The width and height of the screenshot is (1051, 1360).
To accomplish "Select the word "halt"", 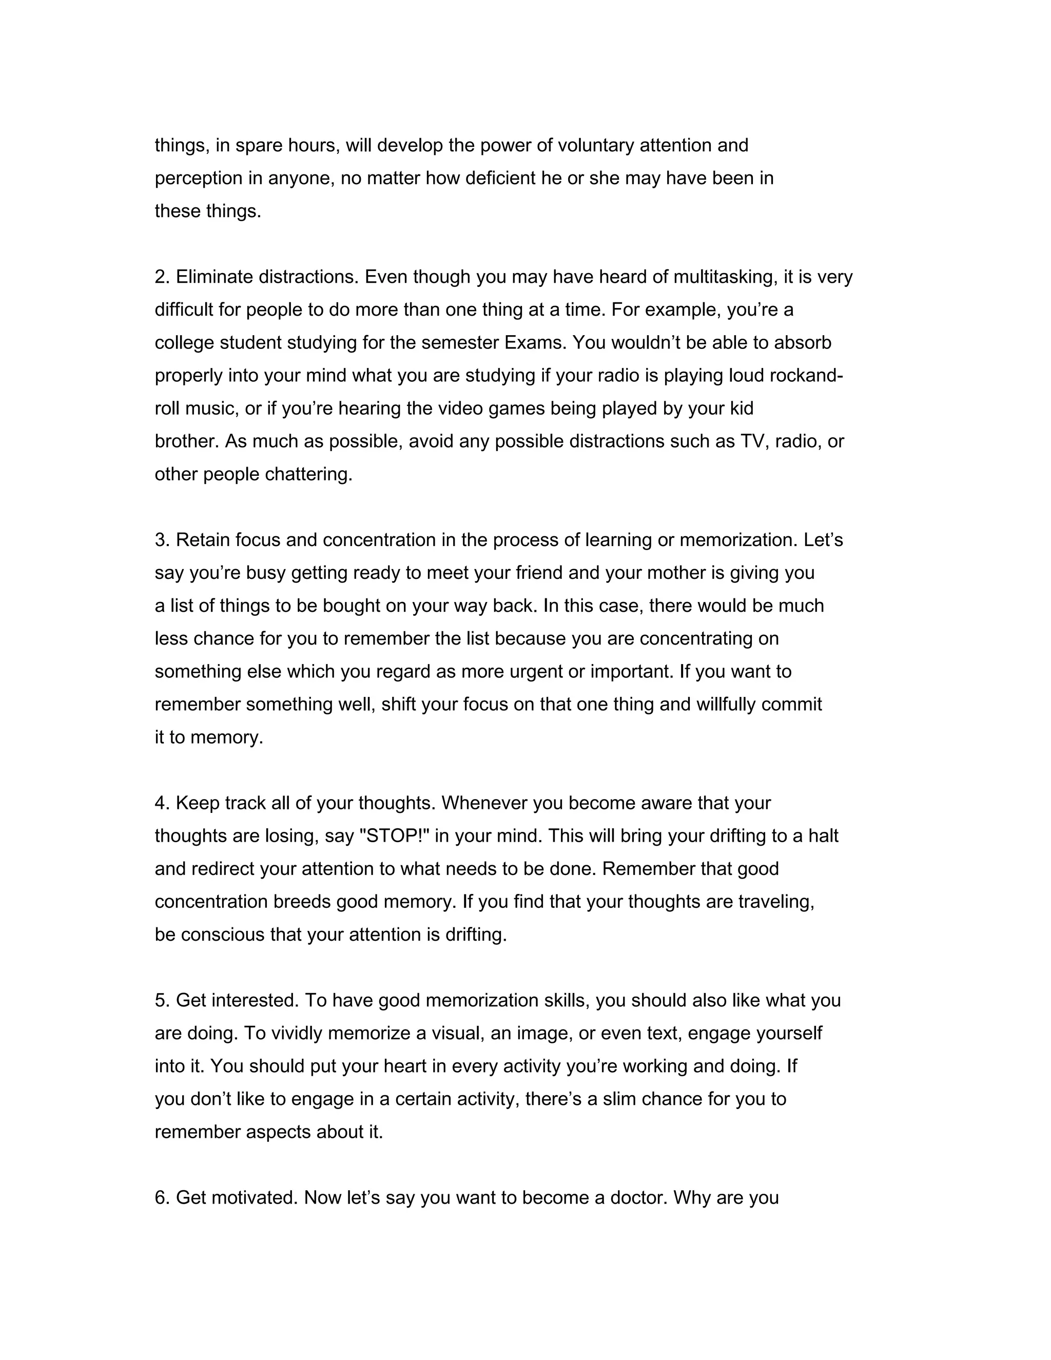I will [x=823, y=837].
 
